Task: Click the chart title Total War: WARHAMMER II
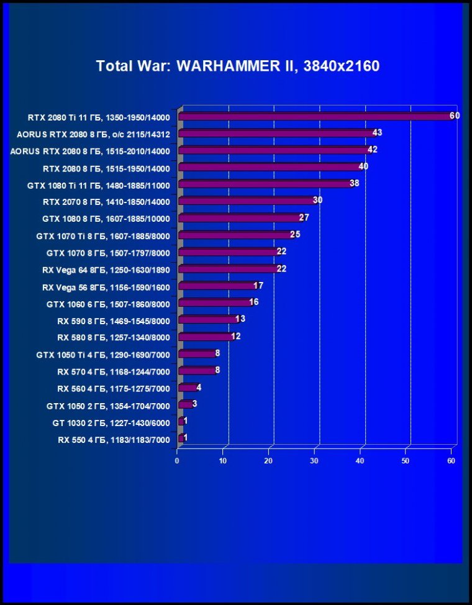[x=237, y=66]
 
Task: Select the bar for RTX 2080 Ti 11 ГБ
[x=315, y=116]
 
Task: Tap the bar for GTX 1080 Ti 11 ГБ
[x=265, y=184]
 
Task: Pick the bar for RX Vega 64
[x=228, y=269]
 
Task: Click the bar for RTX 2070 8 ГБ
[x=247, y=201]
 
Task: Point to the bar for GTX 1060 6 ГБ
[x=214, y=303]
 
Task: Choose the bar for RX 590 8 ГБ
[x=207, y=320]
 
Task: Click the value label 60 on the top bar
[x=455, y=116]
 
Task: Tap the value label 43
[x=377, y=132]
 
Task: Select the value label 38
[x=354, y=183]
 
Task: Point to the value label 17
[x=258, y=285]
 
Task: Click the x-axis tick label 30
[x=315, y=461]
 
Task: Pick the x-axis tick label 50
[x=406, y=461]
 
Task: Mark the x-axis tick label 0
[x=178, y=461]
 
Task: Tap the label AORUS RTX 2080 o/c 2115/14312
[x=93, y=134]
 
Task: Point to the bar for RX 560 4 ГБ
[x=188, y=388]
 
